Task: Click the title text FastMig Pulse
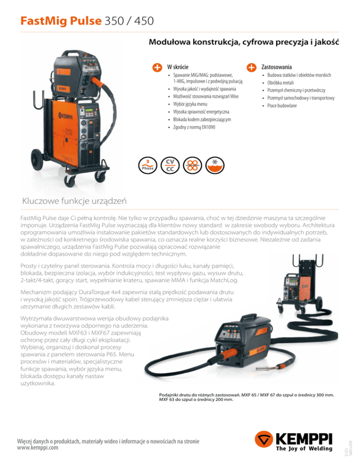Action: click(x=61, y=21)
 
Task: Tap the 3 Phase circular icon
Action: click(x=148, y=165)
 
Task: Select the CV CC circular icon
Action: click(x=170, y=165)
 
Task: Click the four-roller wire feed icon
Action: click(x=192, y=165)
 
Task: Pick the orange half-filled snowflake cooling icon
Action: click(x=215, y=165)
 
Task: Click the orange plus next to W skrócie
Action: click(x=157, y=67)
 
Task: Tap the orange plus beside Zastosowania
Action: click(x=252, y=67)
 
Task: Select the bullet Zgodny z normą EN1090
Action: click(x=194, y=127)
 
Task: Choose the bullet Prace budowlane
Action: click(x=282, y=105)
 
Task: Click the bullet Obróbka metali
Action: click(x=280, y=83)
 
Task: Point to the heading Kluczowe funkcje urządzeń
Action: click(x=75, y=201)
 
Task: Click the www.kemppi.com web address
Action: click(x=38, y=448)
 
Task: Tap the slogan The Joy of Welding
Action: click(x=304, y=449)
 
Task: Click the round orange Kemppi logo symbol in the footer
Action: click(x=264, y=440)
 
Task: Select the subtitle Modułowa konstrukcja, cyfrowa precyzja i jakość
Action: click(x=244, y=42)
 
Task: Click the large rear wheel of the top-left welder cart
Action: click(x=37, y=159)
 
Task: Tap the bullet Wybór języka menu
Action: click(x=190, y=104)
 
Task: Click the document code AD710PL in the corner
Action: click(x=350, y=445)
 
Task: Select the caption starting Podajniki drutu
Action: click(x=247, y=397)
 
